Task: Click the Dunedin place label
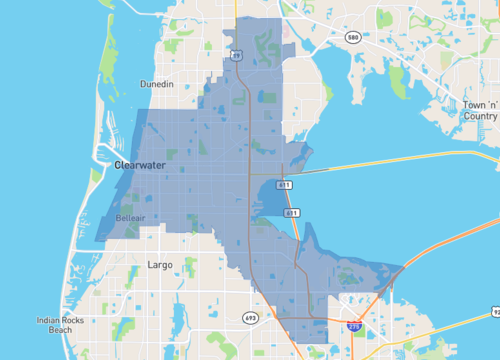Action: [x=157, y=84]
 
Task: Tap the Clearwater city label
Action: [x=138, y=165]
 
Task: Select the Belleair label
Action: [x=130, y=216]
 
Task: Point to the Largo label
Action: [x=160, y=265]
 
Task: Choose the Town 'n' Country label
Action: [x=479, y=110]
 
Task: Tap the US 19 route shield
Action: [x=236, y=57]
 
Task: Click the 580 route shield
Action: [x=353, y=37]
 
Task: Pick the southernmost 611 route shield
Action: [x=290, y=213]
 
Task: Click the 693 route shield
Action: [x=249, y=317]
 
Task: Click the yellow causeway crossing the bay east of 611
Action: [x=400, y=163]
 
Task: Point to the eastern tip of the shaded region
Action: [x=402, y=268]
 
